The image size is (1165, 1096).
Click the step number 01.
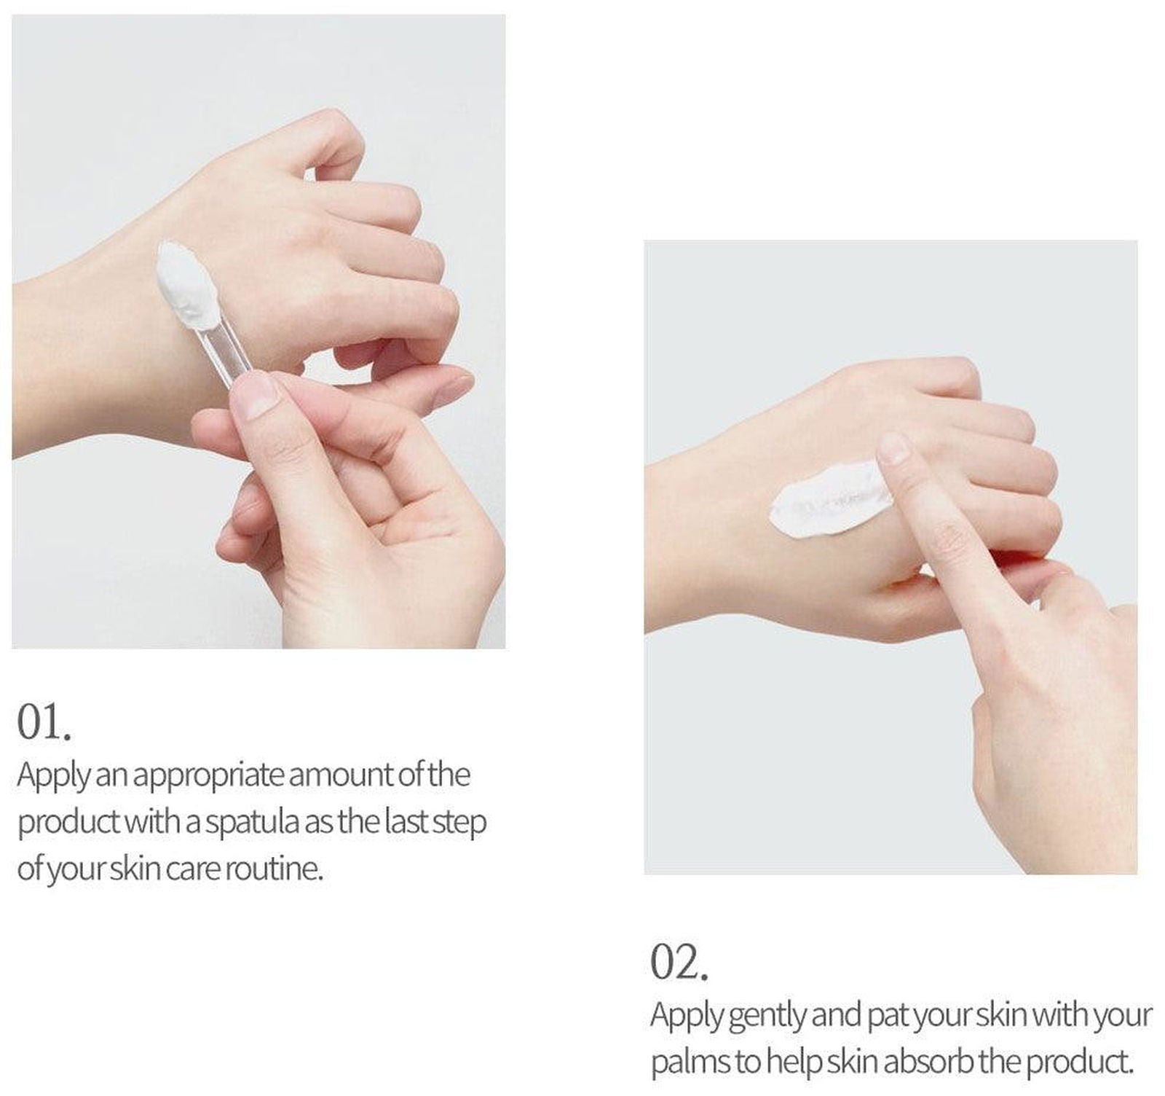[44, 722]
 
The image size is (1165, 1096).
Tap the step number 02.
[679, 963]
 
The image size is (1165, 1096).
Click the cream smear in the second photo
[830, 500]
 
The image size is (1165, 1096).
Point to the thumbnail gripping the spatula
[254, 394]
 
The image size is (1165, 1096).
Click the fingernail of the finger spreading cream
[893, 447]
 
